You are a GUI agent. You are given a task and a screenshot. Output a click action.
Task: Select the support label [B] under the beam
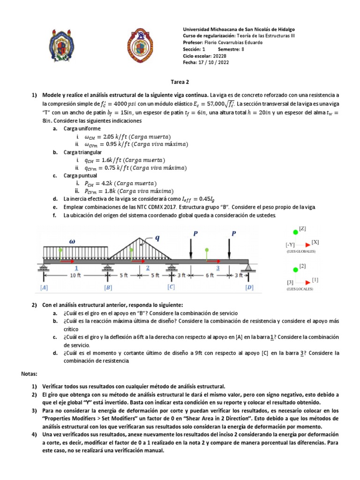tap(108, 286)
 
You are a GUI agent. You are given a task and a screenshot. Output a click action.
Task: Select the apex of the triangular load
tap(141, 239)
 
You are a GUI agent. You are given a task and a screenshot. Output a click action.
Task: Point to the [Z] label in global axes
tap(303, 229)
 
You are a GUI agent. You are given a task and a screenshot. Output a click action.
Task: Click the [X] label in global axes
tap(315, 242)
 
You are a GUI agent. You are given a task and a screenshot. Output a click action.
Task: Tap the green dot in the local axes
tap(294, 270)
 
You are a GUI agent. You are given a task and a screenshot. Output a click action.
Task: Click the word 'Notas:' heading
tap(30, 374)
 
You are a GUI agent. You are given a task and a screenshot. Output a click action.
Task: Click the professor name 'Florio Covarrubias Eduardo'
tap(232, 42)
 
